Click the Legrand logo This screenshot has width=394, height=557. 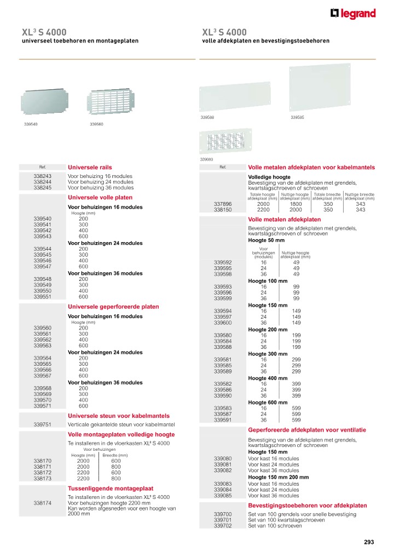coord(353,14)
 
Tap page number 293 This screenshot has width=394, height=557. coord(368,542)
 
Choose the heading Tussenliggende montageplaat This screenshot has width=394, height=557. coord(110,488)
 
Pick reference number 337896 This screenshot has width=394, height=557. coord(223,204)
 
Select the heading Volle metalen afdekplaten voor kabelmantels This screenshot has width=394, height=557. coord(311,167)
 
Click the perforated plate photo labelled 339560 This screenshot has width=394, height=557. coord(112,103)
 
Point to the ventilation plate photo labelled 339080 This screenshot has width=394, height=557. coord(226,142)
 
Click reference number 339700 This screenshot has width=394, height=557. coord(223,514)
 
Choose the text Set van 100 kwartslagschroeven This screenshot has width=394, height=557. coord(286,520)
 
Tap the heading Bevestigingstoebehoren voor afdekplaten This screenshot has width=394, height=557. coord(308,506)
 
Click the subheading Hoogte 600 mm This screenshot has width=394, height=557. coord(268,403)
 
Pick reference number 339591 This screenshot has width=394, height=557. coord(223,420)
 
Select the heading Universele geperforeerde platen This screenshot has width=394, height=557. coord(113,307)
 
